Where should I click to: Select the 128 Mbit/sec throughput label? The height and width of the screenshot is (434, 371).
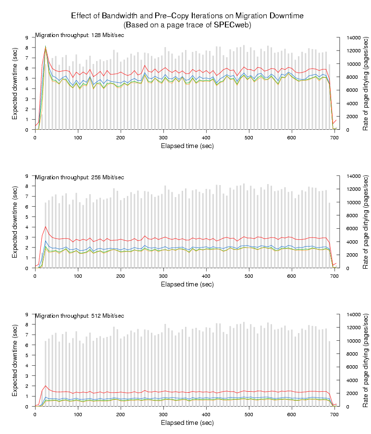79,35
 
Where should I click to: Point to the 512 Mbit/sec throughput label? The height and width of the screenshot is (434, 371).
79,315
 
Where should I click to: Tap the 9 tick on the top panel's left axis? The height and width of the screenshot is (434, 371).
27,37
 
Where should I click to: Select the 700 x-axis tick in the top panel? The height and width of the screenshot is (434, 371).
334,138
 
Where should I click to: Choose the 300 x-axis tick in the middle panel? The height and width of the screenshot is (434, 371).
163,276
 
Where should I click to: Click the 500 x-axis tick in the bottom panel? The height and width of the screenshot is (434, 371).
248,415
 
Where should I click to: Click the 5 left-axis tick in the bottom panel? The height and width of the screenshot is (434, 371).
27,355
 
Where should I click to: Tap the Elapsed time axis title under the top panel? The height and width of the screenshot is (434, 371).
187,146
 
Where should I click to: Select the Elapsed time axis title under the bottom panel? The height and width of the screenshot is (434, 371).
187,422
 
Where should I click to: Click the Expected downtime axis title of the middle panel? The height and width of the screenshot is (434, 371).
15,222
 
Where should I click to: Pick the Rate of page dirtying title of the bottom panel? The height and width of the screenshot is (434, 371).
366,360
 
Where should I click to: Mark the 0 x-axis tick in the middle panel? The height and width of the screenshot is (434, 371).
35,276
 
